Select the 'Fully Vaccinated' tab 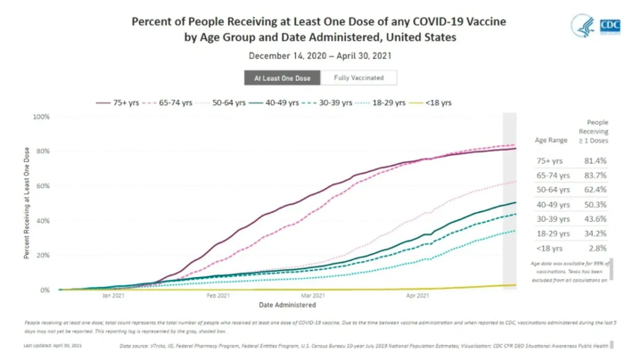click(x=347, y=78)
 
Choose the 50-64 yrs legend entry click(x=252, y=102)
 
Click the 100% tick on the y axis click(x=40, y=117)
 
